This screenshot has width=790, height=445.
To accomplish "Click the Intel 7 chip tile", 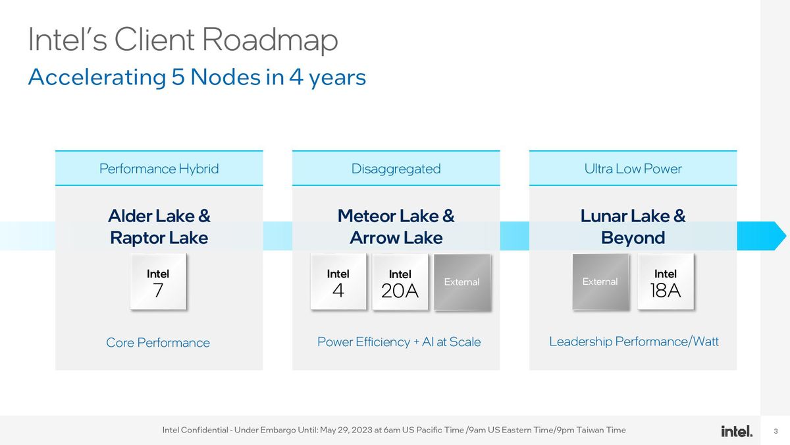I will tap(158, 282).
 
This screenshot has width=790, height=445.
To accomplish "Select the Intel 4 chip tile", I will tap(338, 282).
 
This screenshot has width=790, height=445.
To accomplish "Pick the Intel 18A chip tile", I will tap(665, 282).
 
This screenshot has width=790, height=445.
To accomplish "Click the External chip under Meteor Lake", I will tap(461, 282).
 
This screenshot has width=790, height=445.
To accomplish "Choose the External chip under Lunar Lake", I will tap(600, 282).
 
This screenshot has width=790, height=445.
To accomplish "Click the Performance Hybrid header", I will tap(159, 169).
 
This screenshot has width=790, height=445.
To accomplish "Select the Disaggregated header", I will tap(396, 169).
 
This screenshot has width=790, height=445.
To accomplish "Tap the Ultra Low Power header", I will tap(633, 169).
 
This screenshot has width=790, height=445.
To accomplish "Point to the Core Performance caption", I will tap(158, 343).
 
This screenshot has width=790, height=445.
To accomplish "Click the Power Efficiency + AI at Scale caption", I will tap(399, 342).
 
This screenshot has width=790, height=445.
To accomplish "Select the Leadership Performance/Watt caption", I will tap(633, 341).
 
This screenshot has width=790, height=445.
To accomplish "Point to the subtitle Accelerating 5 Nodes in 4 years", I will tap(197, 77).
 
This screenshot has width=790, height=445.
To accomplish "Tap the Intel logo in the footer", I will tap(736, 431).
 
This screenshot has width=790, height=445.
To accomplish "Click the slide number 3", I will tap(776, 431).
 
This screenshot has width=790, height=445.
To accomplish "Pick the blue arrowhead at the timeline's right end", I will tap(778, 236).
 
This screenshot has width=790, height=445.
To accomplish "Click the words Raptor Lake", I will tap(159, 237).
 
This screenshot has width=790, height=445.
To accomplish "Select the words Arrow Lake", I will tap(396, 237).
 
